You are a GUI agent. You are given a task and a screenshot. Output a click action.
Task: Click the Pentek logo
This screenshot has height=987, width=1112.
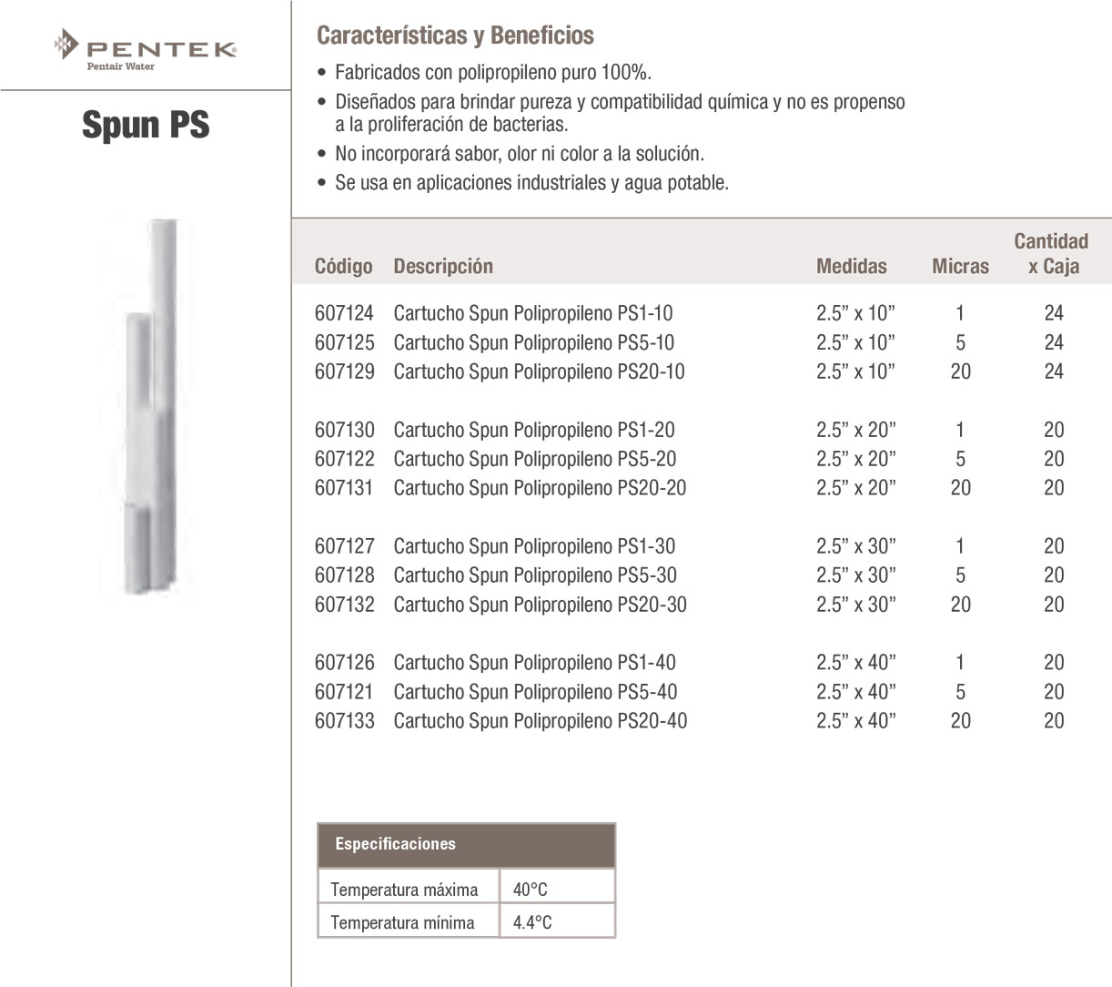tap(146, 49)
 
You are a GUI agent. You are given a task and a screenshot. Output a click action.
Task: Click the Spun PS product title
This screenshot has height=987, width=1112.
tap(146, 125)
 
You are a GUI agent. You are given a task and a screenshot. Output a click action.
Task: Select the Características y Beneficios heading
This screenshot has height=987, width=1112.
tap(455, 36)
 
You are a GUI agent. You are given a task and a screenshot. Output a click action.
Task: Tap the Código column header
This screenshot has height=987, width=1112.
tap(343, 267)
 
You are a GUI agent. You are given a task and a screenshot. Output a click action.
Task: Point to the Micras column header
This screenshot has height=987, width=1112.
tap(960, 267)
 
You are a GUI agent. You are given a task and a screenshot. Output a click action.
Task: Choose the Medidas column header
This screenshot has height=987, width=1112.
tap(851, 267)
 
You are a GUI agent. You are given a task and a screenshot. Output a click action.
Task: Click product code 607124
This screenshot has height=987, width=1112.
tap(344, 313)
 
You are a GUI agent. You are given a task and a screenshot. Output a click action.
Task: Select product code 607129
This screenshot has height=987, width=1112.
tap(344, 371)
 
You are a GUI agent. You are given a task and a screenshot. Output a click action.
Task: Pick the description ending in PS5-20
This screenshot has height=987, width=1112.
tap(534, 459)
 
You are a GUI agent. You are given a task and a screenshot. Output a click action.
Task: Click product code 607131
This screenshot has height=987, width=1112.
tap(344, 488)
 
